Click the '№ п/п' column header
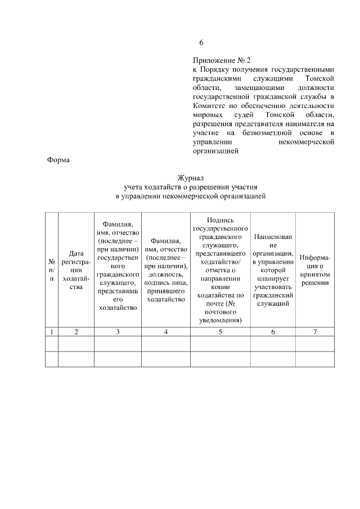click(51, 270)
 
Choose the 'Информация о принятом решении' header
click(314, 270)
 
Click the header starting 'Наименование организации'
click(273, 270)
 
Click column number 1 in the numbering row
click(51, 332)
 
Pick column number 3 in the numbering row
click(118, 332)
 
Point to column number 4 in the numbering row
click(165, 332)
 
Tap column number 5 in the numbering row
click(220, 332)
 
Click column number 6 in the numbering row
click(273, 332)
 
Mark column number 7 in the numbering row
click(314, 332)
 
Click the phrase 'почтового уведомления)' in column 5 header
click(220, 316)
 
